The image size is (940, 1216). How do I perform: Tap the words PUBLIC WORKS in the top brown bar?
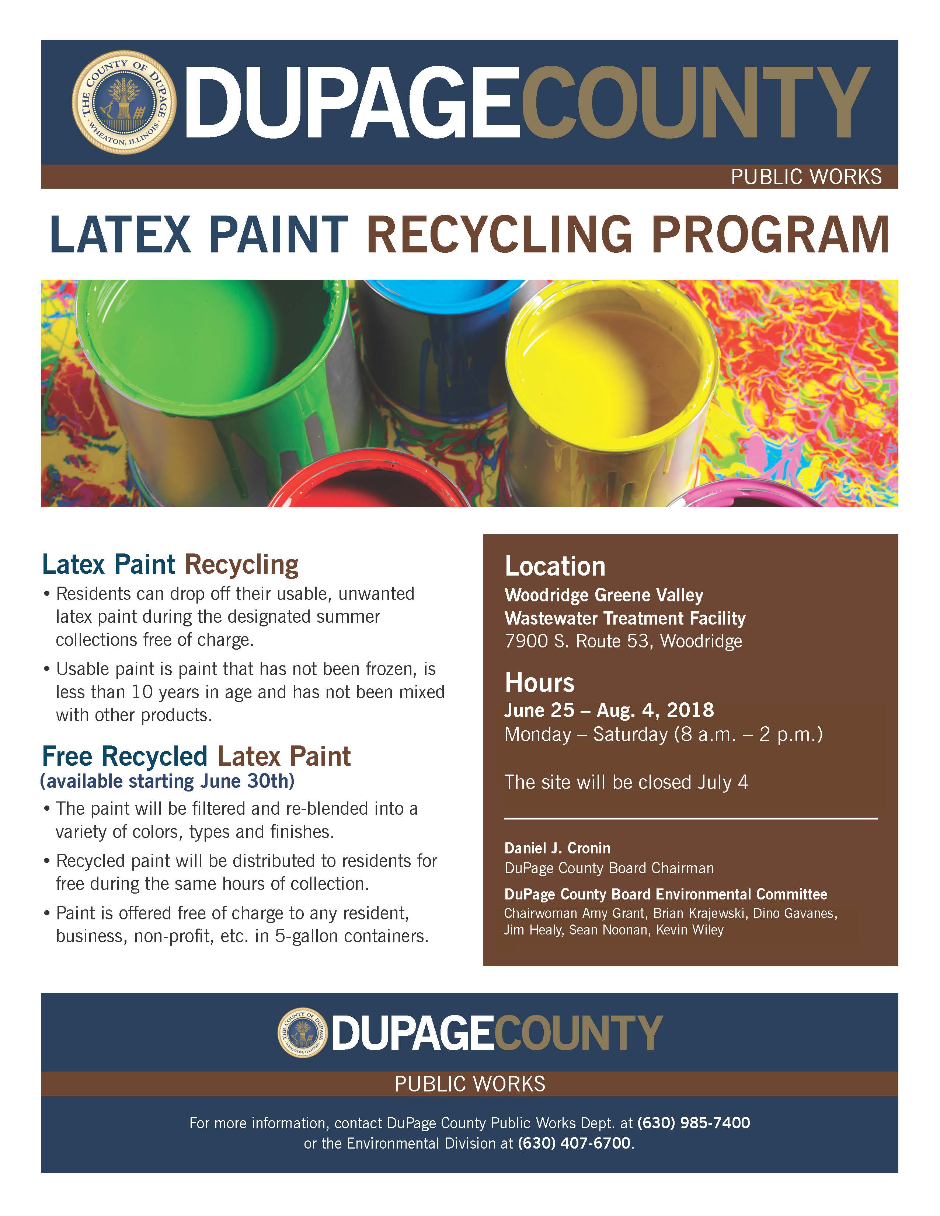(x=806, y=177)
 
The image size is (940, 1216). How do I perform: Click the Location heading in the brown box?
(x=555, y=566)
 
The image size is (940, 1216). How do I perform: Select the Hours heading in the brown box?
(x=539, y=682)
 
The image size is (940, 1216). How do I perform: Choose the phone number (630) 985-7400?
(x=693, y=1122)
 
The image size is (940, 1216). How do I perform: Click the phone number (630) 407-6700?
(x=574, y=1143)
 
